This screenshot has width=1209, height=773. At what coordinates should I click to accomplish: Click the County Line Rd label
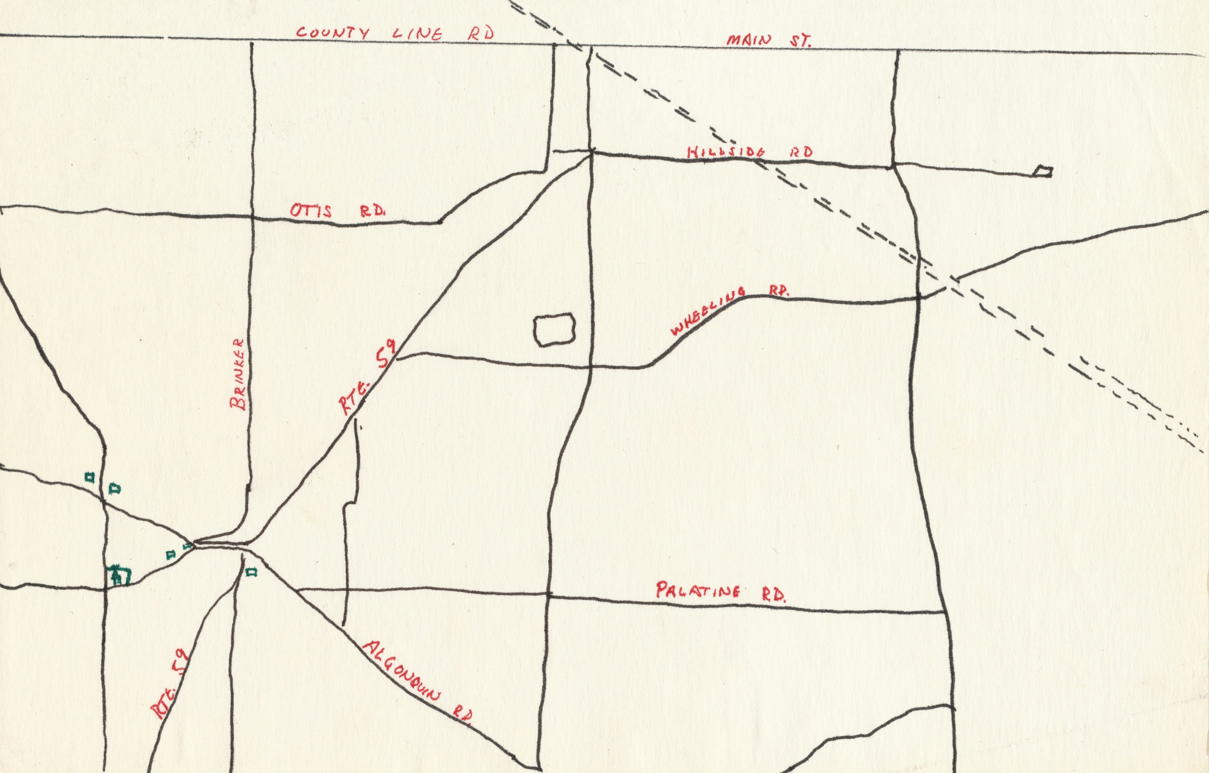[x=395, y=33]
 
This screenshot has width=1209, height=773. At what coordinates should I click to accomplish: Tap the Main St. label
[x=769, y=41]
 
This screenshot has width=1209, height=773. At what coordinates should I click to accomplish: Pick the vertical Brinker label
[x=238, y=374]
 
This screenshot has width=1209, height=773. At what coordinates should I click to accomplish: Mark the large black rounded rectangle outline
[x=554, y=329]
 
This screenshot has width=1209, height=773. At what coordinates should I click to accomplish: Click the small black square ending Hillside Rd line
[x=1043, y=172]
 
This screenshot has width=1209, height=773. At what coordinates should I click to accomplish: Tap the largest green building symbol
[x=119, y=575]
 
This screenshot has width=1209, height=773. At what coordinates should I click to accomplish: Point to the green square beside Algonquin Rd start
[x=252, y=572]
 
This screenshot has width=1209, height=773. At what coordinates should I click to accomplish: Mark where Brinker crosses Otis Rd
[x=251, y=217]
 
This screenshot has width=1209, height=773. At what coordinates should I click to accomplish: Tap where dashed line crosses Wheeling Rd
[x=947, y=287]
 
